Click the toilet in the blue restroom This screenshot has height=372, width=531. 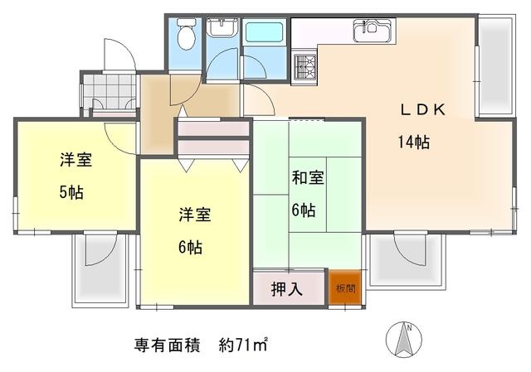pos(187,34)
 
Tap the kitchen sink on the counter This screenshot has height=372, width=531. pos(374,31)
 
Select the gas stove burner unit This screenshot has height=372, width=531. pos(304,67)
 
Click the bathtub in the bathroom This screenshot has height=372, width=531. pos(264,32)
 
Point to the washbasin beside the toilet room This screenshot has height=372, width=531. pos(222,27)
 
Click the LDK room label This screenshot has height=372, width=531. pos(423,110)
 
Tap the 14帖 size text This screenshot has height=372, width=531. pos(414,142)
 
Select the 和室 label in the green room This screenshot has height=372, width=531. pos(308,177)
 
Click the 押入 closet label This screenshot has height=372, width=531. pos(287,289)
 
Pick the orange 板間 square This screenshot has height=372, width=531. pos(345,287)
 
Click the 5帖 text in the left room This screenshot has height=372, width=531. pos(71,193)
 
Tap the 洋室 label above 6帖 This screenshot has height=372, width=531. pos(195,215)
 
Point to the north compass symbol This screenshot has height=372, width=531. pos(404,339)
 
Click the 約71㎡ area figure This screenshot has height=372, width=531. pos(243,345)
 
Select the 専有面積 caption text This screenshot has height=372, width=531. pos(167,345)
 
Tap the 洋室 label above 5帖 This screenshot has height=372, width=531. pos(76,159)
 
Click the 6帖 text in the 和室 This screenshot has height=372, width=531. pos(304,210)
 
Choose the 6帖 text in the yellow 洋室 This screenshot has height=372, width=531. pos(190,248)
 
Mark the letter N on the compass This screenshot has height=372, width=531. pos(409,328)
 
